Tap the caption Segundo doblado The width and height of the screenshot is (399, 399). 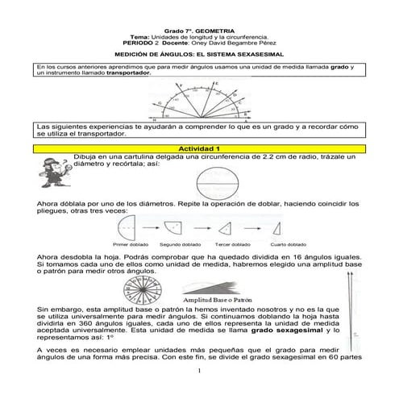tap(175, 243)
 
